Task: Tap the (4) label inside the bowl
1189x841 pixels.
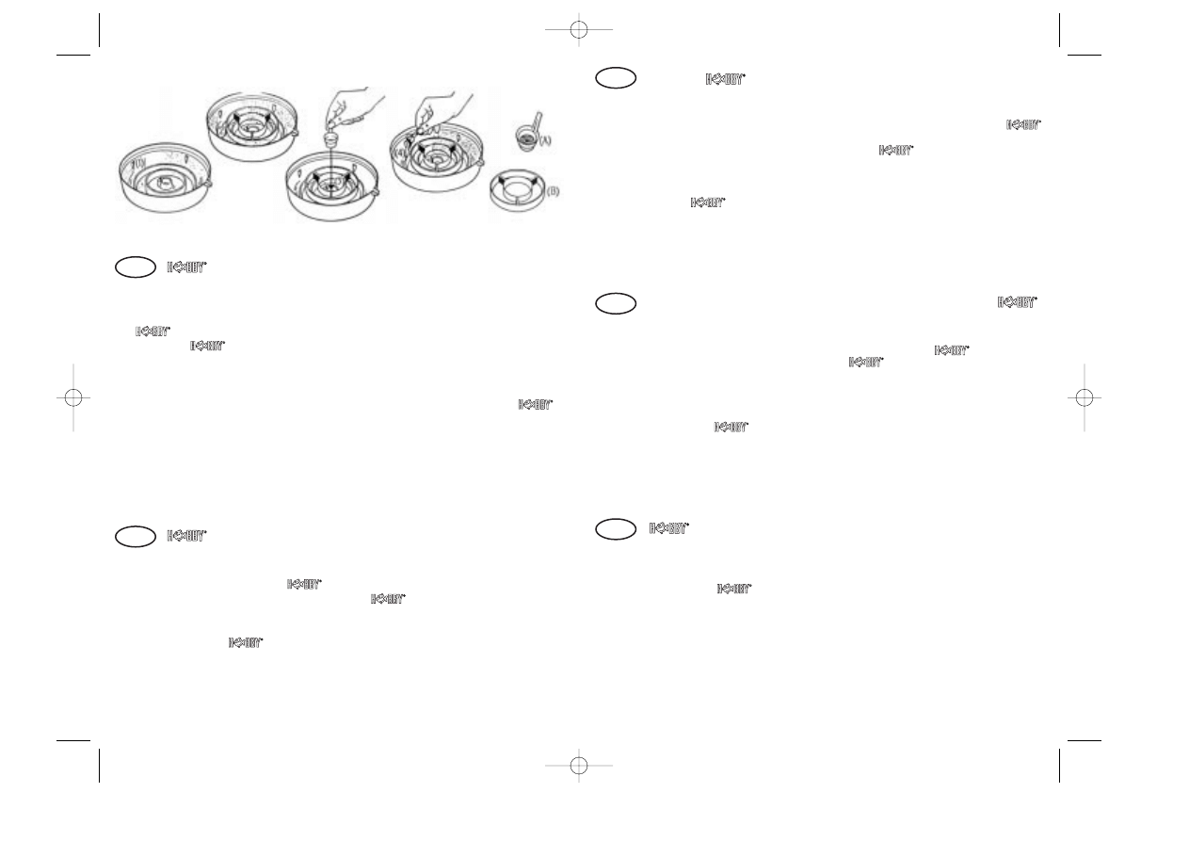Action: [401, 152]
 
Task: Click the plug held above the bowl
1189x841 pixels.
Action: [331, 138]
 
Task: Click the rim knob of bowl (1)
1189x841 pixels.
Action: [209, 186]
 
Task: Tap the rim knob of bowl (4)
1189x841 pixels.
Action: [481, 164]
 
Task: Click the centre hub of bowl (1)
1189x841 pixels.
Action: [165, 183]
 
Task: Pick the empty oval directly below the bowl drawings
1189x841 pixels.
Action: [134, 267]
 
